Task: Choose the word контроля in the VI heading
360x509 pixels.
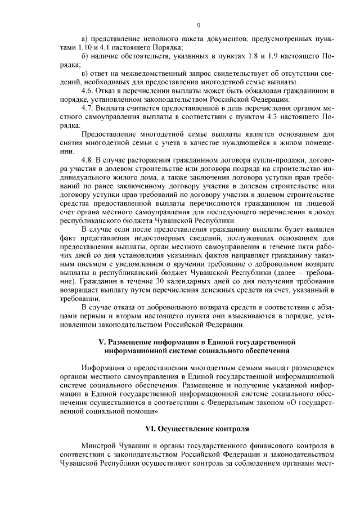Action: pos(233,428)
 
